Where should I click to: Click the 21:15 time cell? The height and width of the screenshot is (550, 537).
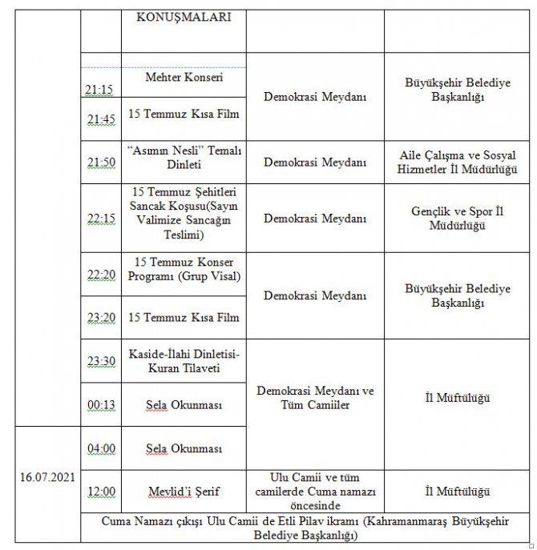pos(99,89)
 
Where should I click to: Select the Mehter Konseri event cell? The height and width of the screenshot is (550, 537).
pos(184,78)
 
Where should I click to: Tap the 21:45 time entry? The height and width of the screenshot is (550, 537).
pos(99,119)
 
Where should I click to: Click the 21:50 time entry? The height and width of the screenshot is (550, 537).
pos(99,163)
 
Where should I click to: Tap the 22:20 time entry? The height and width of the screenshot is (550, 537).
pos(99,275)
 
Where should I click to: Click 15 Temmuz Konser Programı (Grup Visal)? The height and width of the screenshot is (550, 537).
pos(184,270)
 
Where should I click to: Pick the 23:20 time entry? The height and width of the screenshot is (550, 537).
pos(99,318)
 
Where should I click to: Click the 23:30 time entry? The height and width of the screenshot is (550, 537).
pos(99,361)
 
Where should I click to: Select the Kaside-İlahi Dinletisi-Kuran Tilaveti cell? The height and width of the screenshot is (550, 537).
pos(184,362)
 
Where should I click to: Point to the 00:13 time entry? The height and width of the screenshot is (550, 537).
pos(99,405)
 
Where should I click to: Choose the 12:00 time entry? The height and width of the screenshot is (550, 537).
pos(99,492)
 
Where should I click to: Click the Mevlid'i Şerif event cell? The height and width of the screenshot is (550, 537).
pos(184,491)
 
